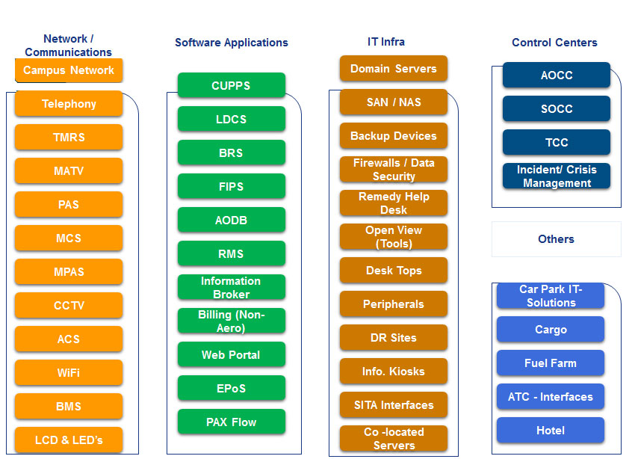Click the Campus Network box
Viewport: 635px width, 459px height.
(69, 70)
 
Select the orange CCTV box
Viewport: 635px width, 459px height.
(69, 305)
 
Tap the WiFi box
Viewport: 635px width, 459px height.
(69, 372)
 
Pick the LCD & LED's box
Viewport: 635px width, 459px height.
(69, 440)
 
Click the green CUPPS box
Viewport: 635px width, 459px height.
(232, 85)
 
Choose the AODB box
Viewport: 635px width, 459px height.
(232, 220)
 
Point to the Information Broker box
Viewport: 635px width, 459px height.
(232, 287)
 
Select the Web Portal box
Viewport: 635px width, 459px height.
(232, 354)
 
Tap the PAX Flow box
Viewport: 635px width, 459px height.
(232, 422)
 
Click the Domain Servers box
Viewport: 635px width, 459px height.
(394, 69)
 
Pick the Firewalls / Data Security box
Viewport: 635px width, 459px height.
(394, 170)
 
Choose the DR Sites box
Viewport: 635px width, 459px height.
(394, 337)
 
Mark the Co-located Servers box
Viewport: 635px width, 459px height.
(394, 438)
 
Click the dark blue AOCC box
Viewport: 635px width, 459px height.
(557, 75)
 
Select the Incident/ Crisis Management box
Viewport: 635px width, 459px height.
(557, 176)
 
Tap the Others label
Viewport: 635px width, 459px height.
(556, 239)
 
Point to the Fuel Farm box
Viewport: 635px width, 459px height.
(551, 363)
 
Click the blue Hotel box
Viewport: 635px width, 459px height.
(551, 431)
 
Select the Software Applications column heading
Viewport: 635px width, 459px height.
(232, 43)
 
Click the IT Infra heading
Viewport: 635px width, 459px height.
(386, 42)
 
